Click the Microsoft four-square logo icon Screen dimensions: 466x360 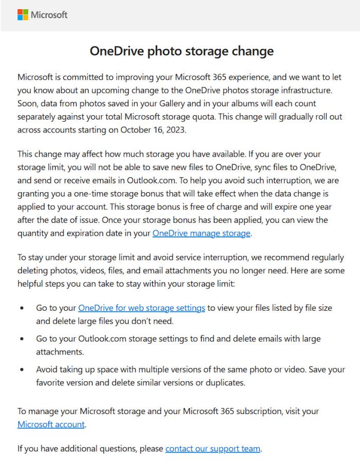[23, 14]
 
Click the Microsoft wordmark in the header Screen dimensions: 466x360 [49, 15]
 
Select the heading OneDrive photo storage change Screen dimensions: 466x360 [182, 51]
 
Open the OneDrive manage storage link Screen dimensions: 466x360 [201, 233]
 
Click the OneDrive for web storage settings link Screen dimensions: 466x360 [141, 308]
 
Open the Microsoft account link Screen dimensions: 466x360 [51, 424]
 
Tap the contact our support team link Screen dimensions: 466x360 [213, 449]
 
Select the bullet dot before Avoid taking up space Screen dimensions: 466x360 [22, 370]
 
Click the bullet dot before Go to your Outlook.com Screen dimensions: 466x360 [22, 339]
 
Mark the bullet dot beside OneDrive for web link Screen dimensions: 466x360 [22, 308]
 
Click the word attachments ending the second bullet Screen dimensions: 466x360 [59, 352]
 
